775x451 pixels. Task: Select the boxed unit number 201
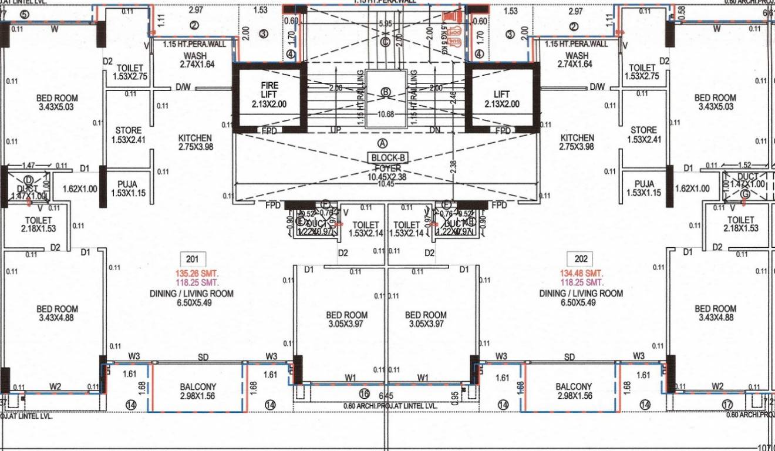pos(192,259)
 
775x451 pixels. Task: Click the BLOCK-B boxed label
pos(388,158)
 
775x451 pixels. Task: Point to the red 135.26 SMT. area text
pos(192,273)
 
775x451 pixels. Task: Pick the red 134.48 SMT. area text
pos(582,273)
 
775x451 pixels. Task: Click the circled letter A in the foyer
pos(383,143)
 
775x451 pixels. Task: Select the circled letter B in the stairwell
pos(386,92)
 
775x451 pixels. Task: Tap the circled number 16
pos(364,394)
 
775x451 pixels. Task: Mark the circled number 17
pos(727,404)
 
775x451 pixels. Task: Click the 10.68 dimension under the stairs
pos(386,115)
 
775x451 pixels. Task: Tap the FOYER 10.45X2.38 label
pos(387,172)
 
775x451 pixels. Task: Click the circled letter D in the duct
pos(28,180)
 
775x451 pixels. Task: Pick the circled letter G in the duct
pos(745,194)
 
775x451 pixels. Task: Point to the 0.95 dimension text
pos(456,397)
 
